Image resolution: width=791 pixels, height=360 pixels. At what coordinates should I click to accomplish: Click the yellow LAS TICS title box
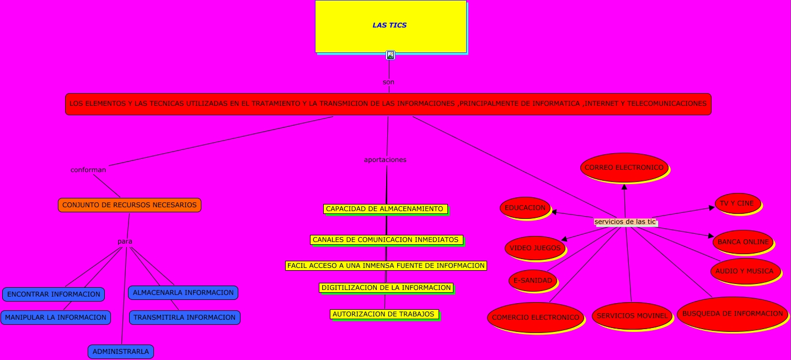391,26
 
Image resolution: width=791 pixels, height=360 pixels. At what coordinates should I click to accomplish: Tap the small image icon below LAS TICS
391,55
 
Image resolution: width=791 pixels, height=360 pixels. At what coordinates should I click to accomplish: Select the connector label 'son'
388,82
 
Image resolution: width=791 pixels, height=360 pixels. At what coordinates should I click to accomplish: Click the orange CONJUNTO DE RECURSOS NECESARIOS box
130,205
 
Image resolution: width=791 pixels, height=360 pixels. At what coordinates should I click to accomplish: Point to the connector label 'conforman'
88,170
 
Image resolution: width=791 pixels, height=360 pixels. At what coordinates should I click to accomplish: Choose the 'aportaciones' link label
385,160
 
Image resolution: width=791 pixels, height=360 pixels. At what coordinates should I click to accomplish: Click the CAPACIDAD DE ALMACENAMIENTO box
385,209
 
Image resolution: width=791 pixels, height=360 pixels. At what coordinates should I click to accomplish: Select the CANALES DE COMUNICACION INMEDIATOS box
386,240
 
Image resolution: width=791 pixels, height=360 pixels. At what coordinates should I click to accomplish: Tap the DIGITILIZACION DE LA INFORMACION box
386,288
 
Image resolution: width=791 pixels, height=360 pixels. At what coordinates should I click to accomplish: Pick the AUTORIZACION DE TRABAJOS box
384,314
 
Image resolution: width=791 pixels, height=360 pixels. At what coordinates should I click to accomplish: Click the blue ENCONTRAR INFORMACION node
54,294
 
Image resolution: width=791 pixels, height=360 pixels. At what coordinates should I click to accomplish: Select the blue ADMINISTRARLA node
121,352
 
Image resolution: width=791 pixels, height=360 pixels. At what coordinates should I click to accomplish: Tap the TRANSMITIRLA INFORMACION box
185,318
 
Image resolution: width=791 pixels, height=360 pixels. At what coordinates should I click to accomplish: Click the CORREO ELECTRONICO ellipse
624,168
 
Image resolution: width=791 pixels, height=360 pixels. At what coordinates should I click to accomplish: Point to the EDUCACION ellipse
525,208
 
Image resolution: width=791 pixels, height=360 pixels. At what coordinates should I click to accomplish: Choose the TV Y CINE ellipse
737,203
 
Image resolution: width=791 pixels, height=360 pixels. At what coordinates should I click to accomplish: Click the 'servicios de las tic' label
626,222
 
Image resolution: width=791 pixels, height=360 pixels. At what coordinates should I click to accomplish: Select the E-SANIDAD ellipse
533,281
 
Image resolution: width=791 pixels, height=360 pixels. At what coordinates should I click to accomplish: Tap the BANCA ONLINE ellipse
743,242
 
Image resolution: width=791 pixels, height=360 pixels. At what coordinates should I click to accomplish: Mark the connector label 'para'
125,241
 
